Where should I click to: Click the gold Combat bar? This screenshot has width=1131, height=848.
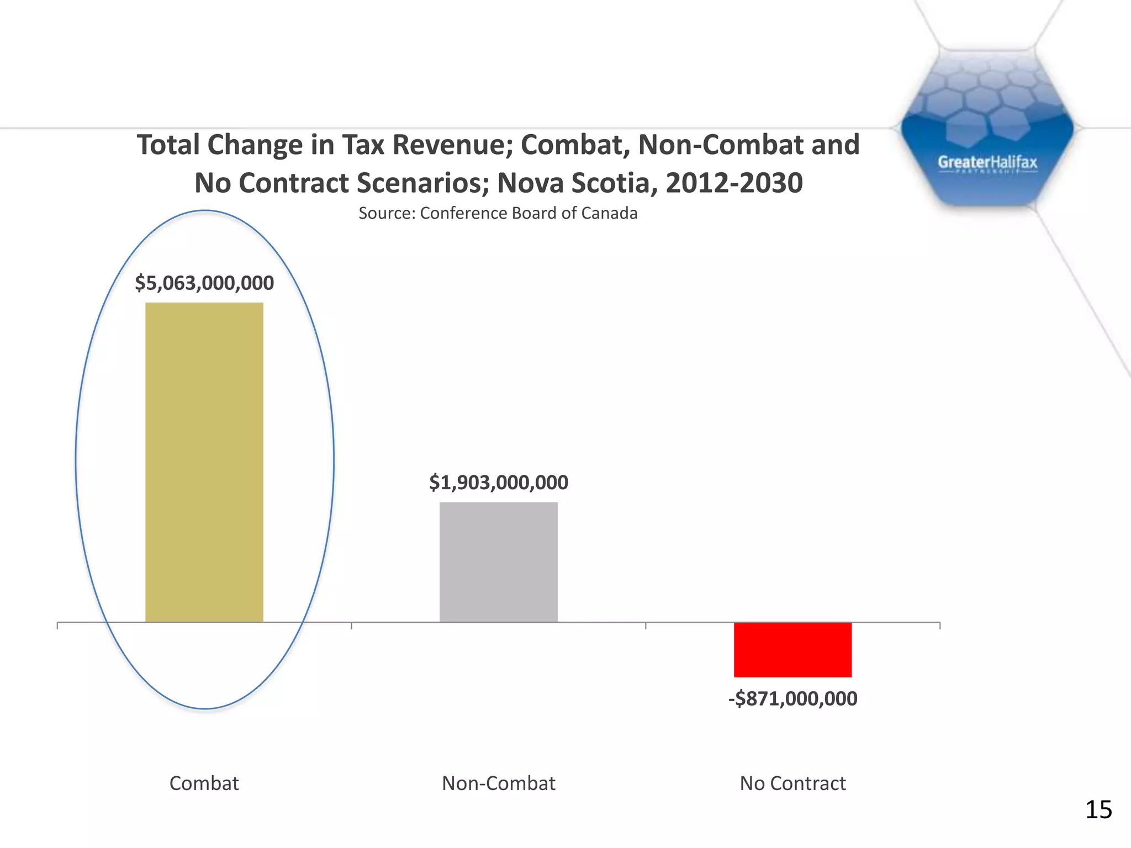(x=204, y=462)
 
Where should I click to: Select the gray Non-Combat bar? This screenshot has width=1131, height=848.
(x=499, y=562)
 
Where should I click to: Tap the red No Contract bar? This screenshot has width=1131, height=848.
(x=792, y=650)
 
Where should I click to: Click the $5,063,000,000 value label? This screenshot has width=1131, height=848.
(x=204, y=283)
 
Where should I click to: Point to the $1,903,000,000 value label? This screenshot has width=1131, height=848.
(x=499, y=483)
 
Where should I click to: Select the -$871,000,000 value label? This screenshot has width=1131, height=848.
(x=792, y=699)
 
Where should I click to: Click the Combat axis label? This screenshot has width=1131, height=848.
(x=204, y=783)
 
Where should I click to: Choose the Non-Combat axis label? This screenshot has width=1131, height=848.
(x=499, y=783)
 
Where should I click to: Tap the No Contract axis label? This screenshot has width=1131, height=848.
(x=792, y=783)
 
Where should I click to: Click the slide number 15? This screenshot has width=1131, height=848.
(x=1098, y=810)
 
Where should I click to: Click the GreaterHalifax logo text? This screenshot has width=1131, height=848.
(x=987, y=162)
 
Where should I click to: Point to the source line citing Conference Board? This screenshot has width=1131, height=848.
(x=498, y=213)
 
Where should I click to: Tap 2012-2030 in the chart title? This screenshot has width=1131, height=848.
(x=734, y=183)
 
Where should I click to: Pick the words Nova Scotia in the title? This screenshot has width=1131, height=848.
(x=578, y=183)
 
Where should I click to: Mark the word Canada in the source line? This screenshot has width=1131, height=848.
(x=612, y=213)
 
